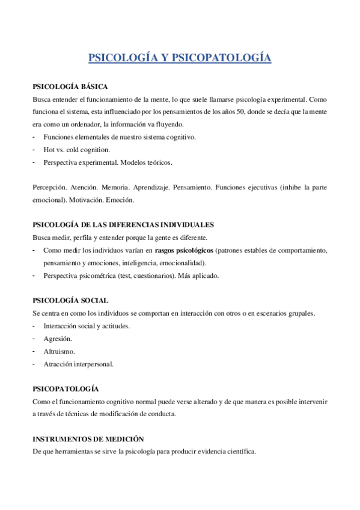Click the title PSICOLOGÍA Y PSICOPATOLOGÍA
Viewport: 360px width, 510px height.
[x=180, y=58]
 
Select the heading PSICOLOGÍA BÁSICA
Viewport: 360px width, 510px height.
[x=70, y=87]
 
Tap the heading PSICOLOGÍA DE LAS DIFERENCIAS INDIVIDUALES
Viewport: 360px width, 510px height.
[x=123, y=225]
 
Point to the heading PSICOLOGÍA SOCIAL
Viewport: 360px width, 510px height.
[x=70, y=300]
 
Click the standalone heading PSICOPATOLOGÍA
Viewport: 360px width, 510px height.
[x=66, y=389]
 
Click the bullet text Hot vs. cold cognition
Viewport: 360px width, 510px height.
[x=76, y=149]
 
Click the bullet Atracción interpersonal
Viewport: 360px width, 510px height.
[x=78, y=364]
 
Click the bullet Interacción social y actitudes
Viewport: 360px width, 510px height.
[x=87, y=326]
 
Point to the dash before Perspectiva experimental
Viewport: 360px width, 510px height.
[x=34, y=162]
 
